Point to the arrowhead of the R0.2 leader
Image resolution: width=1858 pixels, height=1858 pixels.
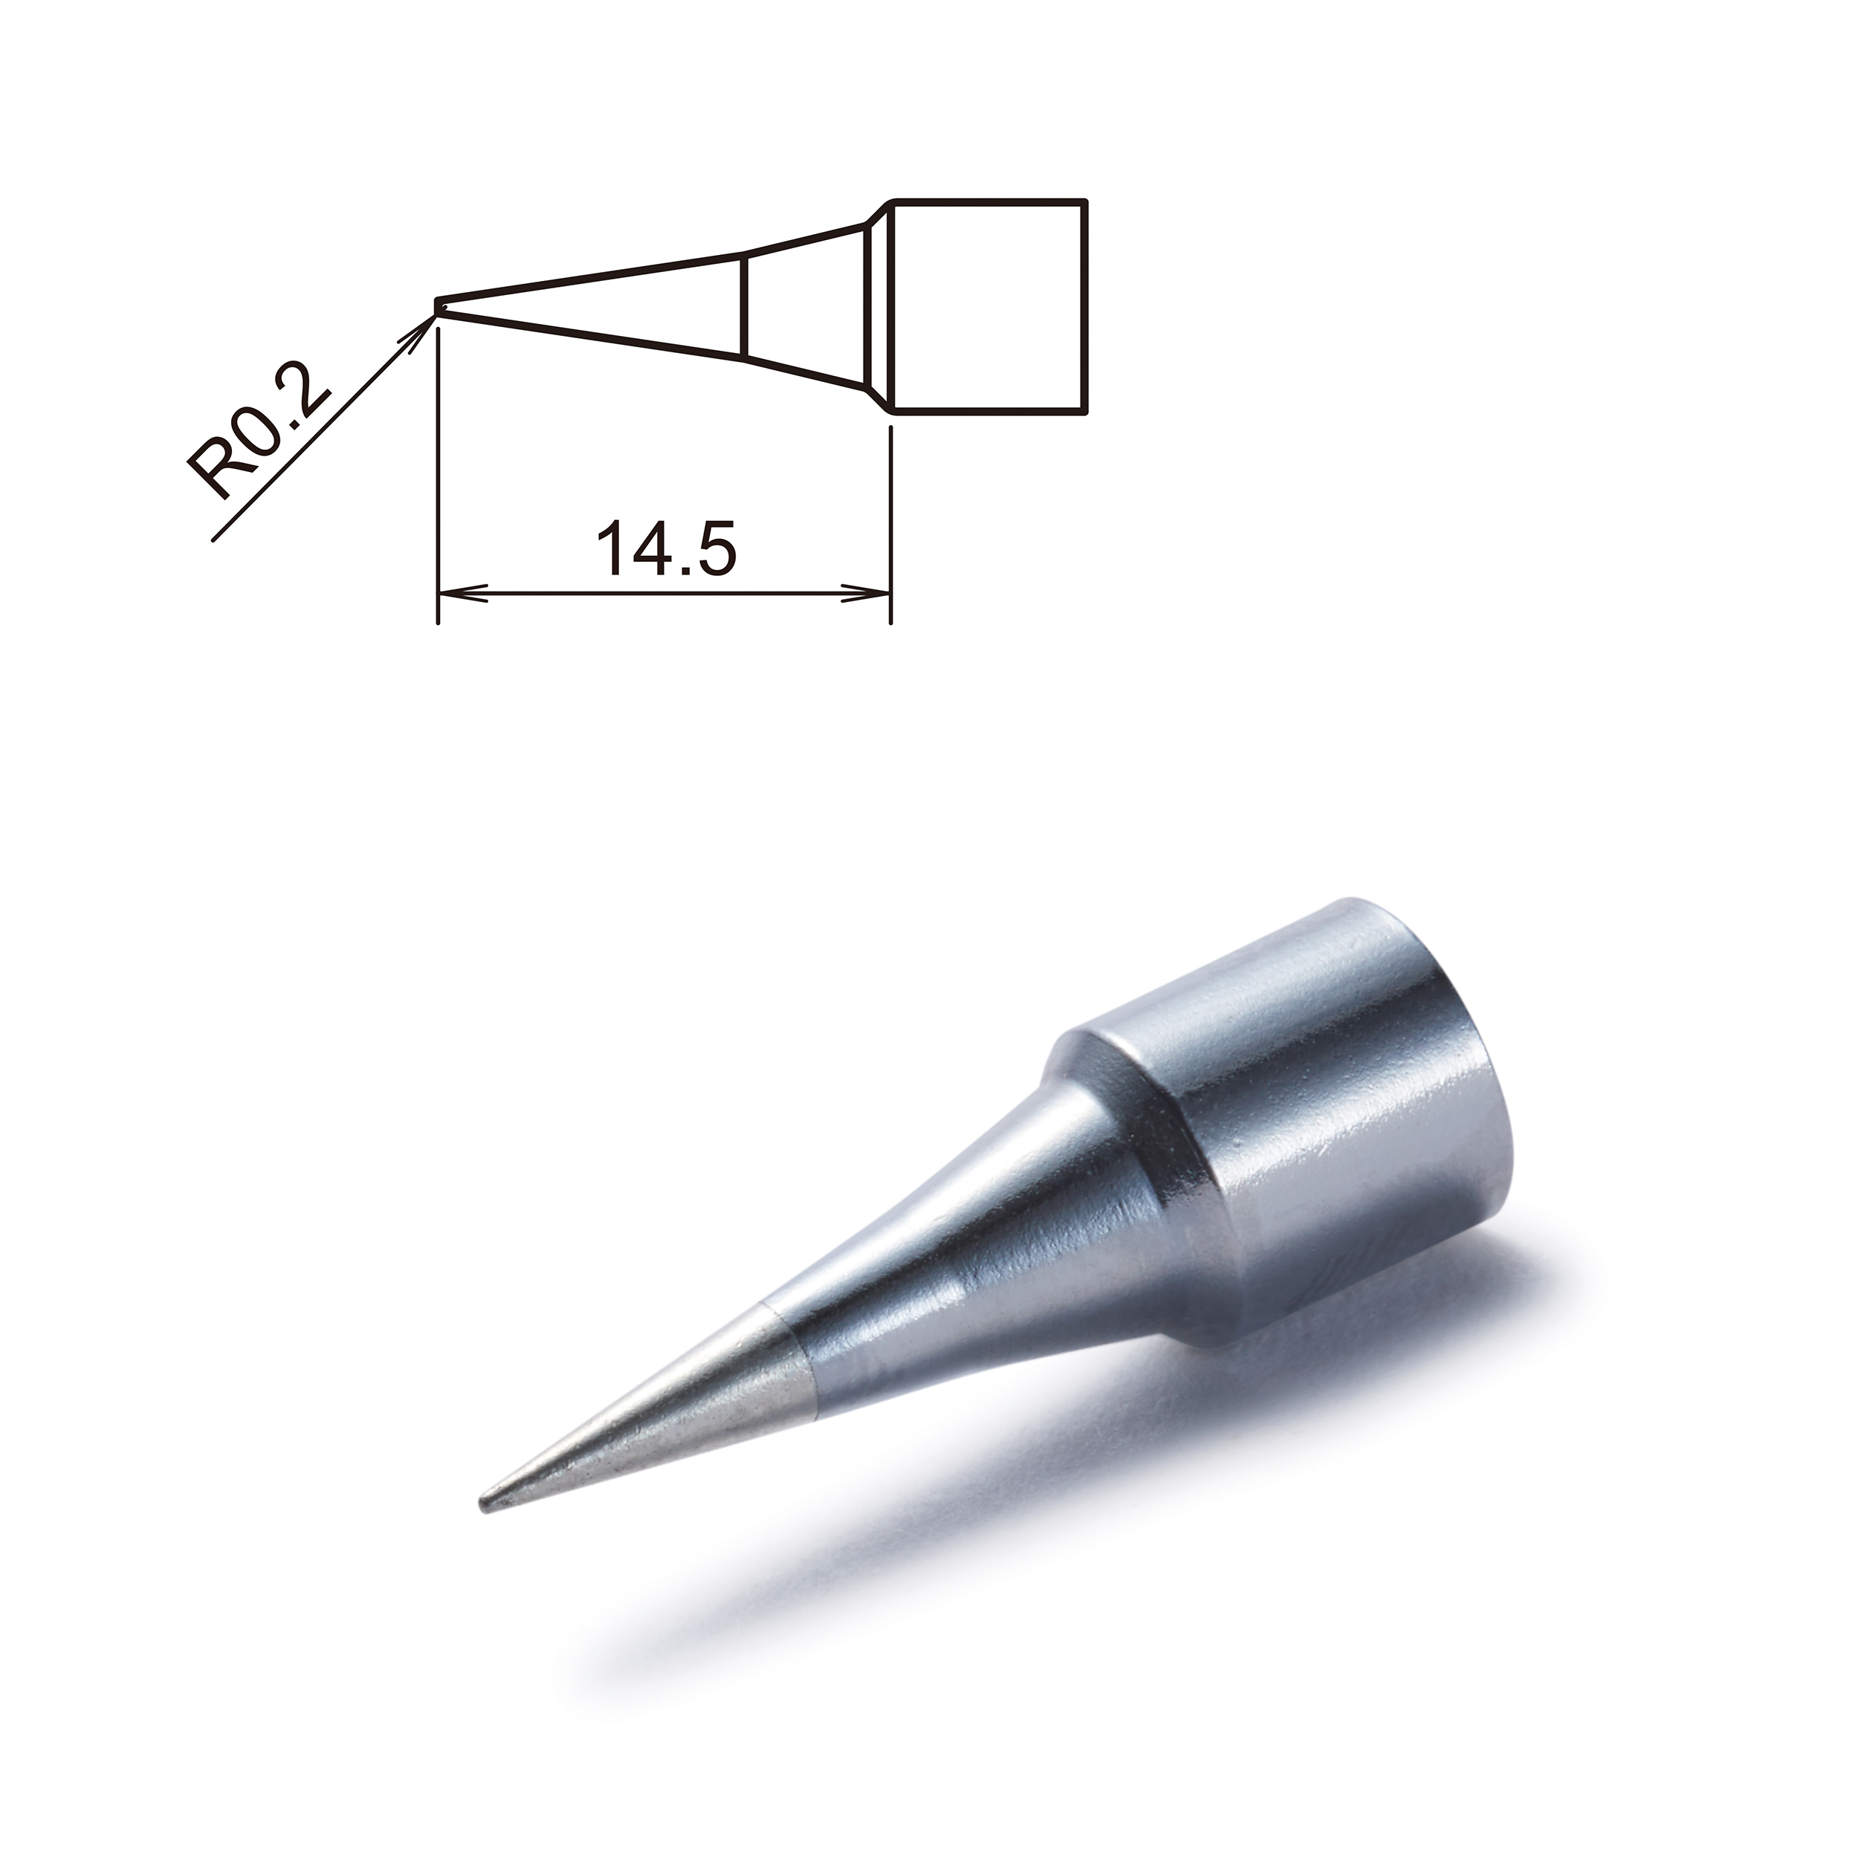tap(423, 323)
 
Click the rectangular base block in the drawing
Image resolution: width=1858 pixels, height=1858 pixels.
tap(991, 305)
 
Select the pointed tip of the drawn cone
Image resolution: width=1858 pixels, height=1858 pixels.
tap(438, 305)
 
